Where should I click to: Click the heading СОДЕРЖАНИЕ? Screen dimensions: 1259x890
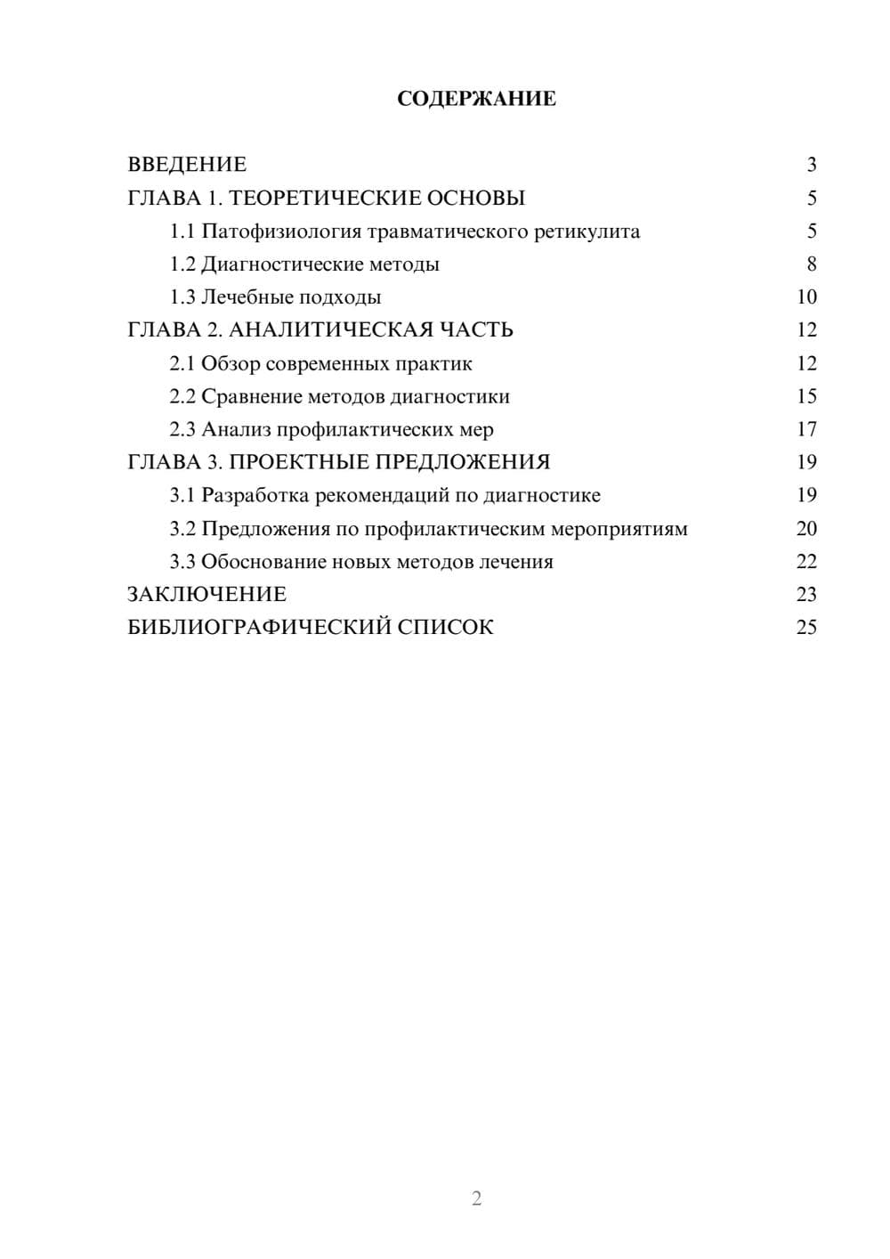[476, 99]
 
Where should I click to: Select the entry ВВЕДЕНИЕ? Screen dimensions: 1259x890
[187, 165]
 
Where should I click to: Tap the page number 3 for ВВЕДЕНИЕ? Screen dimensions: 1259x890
[811, 165]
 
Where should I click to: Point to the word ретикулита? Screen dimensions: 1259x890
[587, 231]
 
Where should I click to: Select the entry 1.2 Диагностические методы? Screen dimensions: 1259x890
[304, 264]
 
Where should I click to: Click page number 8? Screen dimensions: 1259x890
[811, 264]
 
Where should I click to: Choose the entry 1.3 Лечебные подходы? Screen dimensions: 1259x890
[275, 297]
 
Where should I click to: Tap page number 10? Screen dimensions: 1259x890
[806, 297]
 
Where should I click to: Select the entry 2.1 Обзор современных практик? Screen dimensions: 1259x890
[320, 363]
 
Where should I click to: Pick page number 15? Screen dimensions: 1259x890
[806, 396]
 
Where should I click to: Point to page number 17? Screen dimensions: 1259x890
[806, 429]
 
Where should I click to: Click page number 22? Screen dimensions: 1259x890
[806, 562]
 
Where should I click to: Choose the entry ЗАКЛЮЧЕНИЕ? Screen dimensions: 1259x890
[206, 595]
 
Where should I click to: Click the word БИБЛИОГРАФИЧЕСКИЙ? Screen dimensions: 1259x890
[259, 628]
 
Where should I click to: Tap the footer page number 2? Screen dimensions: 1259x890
[476, 1198]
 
